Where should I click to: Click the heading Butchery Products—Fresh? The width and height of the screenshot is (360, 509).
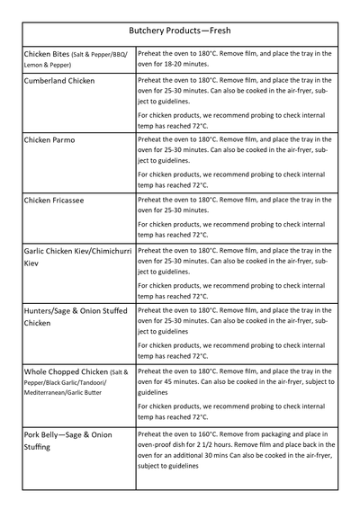(x=180, y=30)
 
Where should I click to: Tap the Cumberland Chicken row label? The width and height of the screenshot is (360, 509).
(x=59, y=81)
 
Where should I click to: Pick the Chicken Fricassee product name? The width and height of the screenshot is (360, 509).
(x=54, y=200)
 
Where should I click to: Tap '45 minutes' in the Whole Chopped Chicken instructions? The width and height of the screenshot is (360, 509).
(x=184, y=381)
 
